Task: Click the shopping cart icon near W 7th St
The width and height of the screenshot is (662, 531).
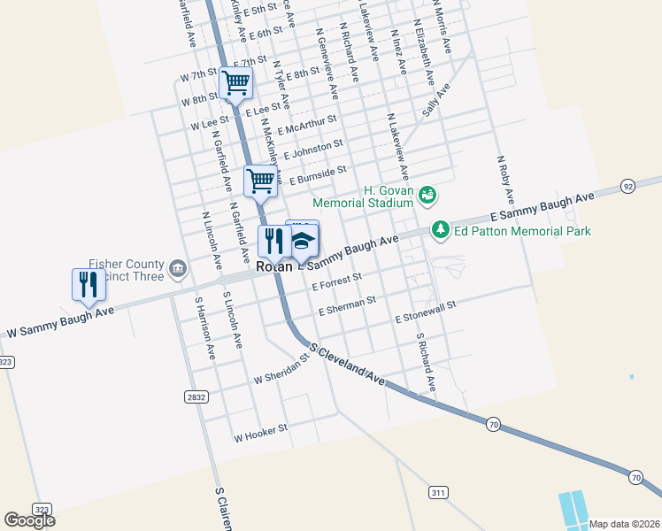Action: coord(236,83)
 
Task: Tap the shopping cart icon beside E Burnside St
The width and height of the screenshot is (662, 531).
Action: coord(261,181)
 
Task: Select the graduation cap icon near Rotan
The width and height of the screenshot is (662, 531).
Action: coord(302,240)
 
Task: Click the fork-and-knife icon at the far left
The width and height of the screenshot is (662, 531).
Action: coord(88,284)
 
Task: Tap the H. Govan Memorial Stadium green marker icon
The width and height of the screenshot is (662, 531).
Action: coord(427,194)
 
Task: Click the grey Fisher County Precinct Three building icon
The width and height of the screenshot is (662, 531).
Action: coord(177,268)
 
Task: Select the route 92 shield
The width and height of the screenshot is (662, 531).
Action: coord(627,186)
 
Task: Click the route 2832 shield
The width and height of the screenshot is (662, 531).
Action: coord(196,397)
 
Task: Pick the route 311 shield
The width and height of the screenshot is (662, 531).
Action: coord(439,492)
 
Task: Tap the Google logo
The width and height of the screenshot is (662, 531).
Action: coord(29,520)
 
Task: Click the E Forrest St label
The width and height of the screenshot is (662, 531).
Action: coord(337,282)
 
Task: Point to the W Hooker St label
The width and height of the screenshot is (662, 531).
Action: coord(260,433)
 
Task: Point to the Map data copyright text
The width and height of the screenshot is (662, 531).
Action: coord(623,523)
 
